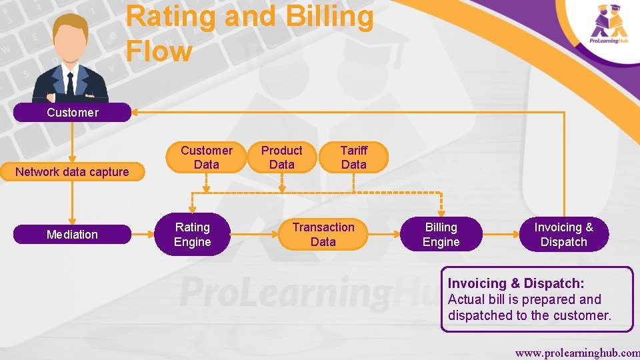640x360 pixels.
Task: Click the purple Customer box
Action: pos(72,112)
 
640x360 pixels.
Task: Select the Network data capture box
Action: pos(72,172)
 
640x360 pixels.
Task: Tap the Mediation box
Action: pos(72,235)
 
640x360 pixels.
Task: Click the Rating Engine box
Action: pos(192,235)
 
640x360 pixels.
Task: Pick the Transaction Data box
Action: pos(323,235)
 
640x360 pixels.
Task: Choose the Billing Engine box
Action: pos(441,235)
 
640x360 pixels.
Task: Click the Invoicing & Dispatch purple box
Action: pos(563,235)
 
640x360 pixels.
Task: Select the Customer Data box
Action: pos(207,157)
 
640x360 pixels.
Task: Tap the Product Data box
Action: pos(281,157)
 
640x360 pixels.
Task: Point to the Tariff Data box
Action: pos(353,157)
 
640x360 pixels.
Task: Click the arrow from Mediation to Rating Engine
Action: pos(143,235)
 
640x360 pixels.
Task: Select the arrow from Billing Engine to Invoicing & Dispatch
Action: pos(503,235)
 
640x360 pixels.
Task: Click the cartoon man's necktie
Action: pos(70,84)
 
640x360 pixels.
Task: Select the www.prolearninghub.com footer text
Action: pos(577,351)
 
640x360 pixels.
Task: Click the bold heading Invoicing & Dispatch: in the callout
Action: pos(516,283)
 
